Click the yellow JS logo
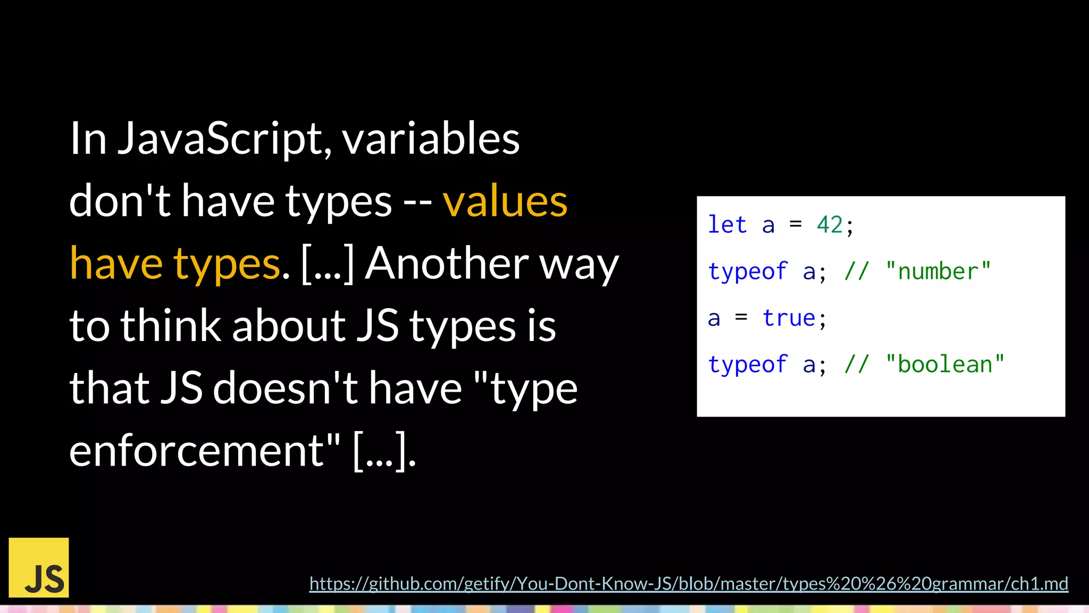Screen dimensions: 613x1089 coord(39,567)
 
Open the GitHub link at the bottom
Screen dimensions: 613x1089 coord(689,584)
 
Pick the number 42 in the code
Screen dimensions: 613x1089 coord(830,225)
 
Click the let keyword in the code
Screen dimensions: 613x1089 coord(727,225)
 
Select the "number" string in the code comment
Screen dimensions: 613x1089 coord(938,271)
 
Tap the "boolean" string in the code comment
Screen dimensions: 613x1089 coord(945,365)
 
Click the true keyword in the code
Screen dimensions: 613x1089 coord(789,318)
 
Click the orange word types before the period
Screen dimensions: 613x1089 coord(227,264)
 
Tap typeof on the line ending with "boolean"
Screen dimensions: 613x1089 coord(747,365)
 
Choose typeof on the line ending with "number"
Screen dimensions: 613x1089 coord(747,272)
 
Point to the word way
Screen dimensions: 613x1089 coord(579,264)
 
